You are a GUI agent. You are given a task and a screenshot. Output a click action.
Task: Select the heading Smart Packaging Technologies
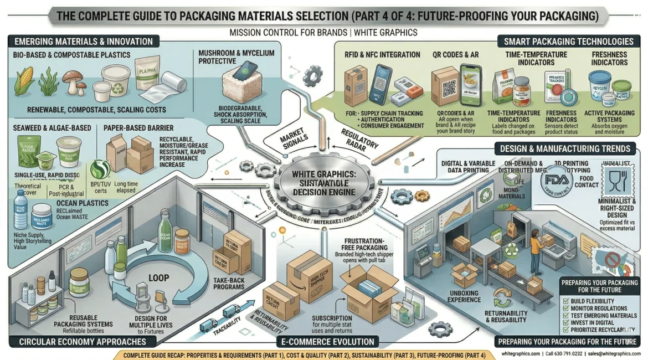click(x=568, y=42)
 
